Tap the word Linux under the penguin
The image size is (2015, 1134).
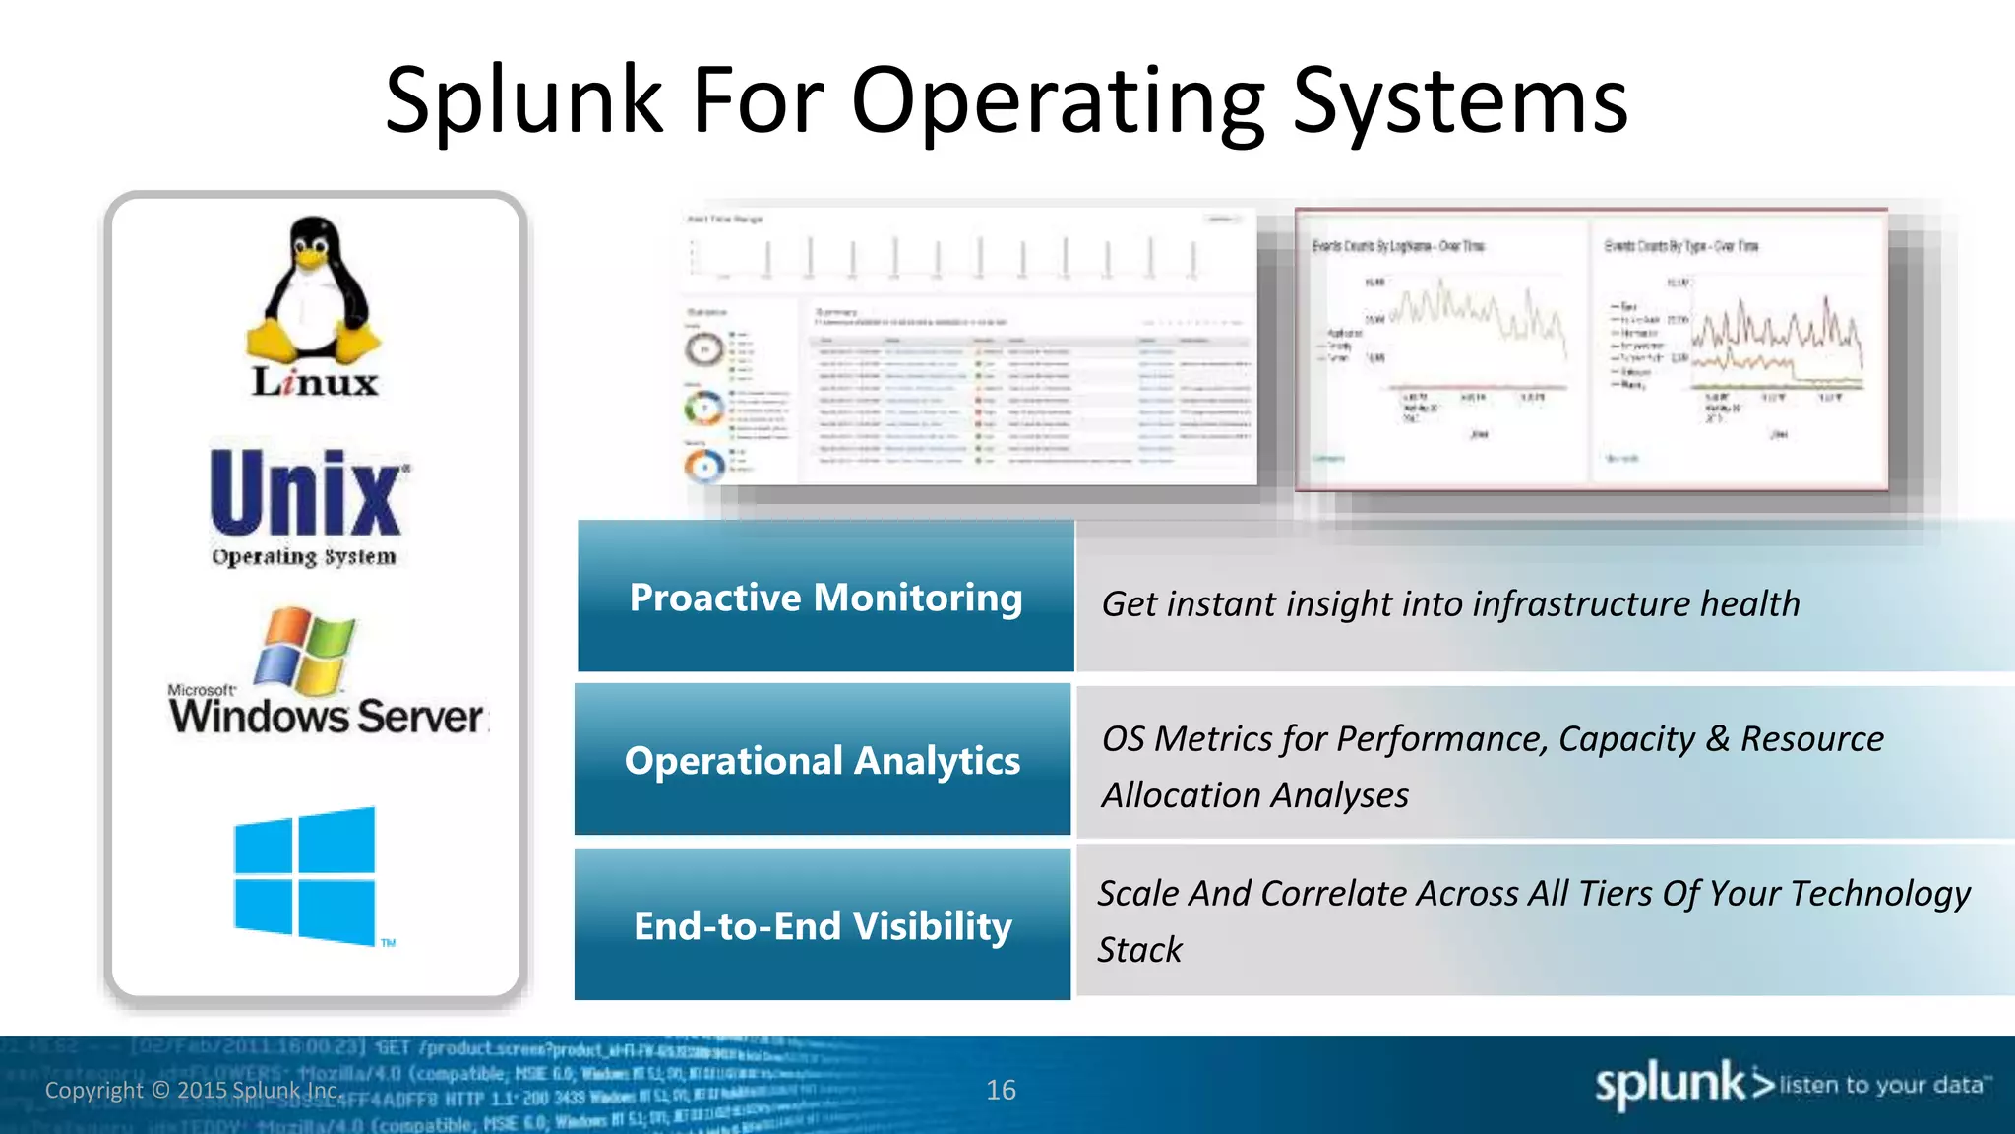point(315,382)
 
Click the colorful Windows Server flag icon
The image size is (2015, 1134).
point(304,651)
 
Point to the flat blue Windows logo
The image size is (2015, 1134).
point(305,875)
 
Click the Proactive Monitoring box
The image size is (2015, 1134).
point(825,597)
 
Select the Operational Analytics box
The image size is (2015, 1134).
point(823,760)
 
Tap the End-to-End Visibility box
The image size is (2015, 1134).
point(823,925)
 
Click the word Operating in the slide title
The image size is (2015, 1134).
point(1058,100)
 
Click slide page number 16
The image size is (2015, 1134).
point(1001,1090)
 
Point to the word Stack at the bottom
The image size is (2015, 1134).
point(1139,949)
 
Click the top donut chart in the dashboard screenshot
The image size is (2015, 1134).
point(704,348)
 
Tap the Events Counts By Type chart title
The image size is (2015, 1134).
point(1680,246)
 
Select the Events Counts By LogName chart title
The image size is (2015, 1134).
point(1397,246)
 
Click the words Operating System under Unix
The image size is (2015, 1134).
point(304,557)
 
